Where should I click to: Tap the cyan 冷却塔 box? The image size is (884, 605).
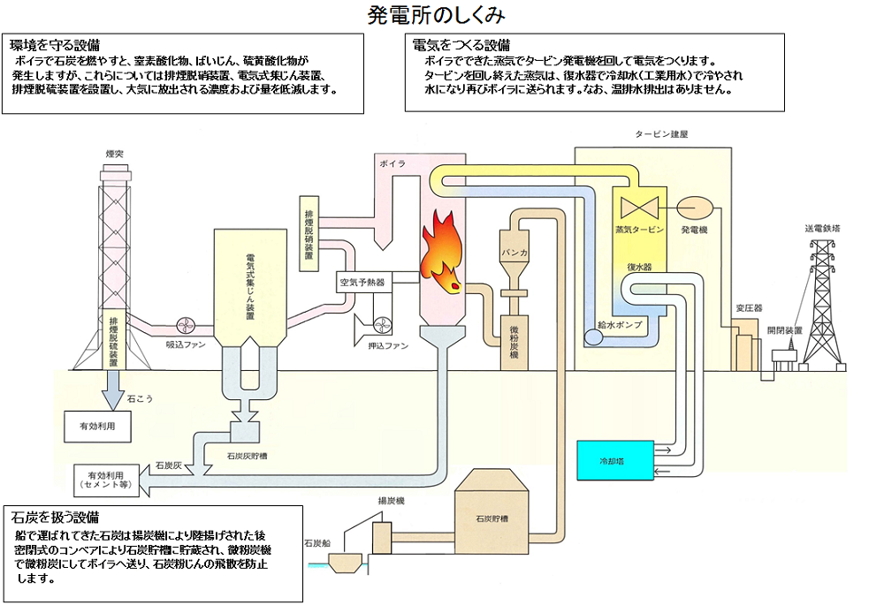pyautogui.click(x=615, y=461)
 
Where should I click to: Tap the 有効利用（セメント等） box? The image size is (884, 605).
pyautogui.click(x=107, y=478)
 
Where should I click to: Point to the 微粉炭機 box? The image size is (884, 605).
pyautogui.click(x=514, y=341)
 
